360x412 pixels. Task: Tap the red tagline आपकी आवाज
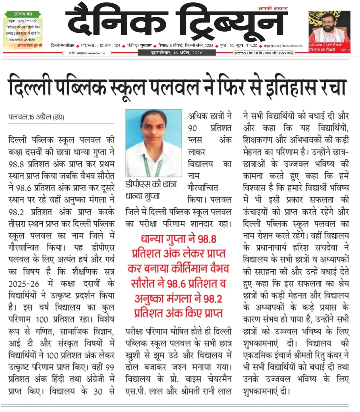coord(273,8)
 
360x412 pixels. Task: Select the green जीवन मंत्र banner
coord(23,14)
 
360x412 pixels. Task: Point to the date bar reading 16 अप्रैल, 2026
coord(177,53)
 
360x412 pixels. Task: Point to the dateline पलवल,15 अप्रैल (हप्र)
coord(36,117)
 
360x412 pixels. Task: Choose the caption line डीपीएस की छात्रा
coord(151,184)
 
